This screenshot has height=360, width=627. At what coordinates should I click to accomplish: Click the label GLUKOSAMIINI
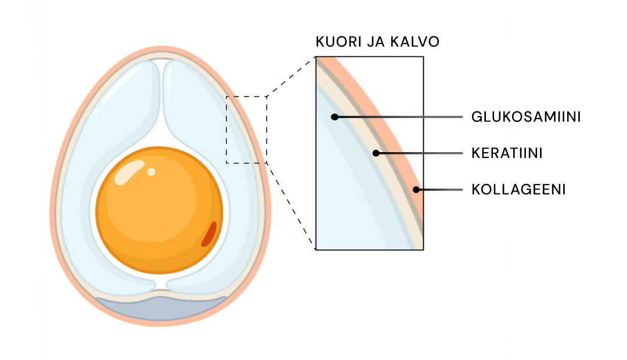tap(526, 117)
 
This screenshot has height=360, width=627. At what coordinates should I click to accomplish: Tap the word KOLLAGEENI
tap(518, 190)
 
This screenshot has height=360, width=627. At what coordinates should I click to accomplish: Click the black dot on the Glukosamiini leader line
tap(334, 117)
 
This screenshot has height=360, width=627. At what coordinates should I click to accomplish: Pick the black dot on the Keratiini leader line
tap(376, 153)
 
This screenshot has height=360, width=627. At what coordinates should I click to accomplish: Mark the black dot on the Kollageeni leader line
tap(416, 189)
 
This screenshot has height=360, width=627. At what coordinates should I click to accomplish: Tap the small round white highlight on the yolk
tap(151, 171)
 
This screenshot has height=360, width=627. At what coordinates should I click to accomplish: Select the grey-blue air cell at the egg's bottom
tap(161, 308)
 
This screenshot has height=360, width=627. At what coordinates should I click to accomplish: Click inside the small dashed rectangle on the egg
tap(246, 129)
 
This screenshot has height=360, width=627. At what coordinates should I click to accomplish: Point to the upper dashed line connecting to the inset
tap(290, 77)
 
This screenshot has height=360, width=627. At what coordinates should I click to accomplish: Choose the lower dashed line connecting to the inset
tap(290, 206)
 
